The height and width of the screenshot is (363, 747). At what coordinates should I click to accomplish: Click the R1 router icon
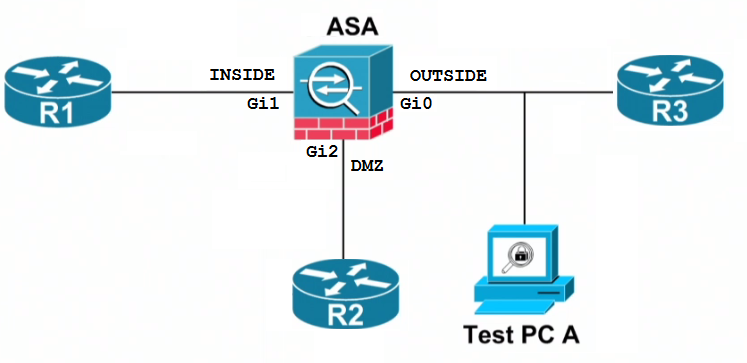tap(57, 94)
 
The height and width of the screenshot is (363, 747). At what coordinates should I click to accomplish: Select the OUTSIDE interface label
tap(448, 75)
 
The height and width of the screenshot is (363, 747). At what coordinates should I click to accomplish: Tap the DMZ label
tap(367, 168)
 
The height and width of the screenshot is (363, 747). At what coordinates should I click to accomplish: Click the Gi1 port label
tap(262, 103)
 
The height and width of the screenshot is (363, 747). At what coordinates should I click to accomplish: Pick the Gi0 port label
tap(416, 103)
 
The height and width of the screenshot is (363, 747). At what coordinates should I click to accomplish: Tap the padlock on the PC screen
tap(520, 256)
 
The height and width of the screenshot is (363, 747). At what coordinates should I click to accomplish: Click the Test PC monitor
tap(520, 258)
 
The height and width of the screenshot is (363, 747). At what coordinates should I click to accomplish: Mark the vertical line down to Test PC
tap(525, 160)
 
